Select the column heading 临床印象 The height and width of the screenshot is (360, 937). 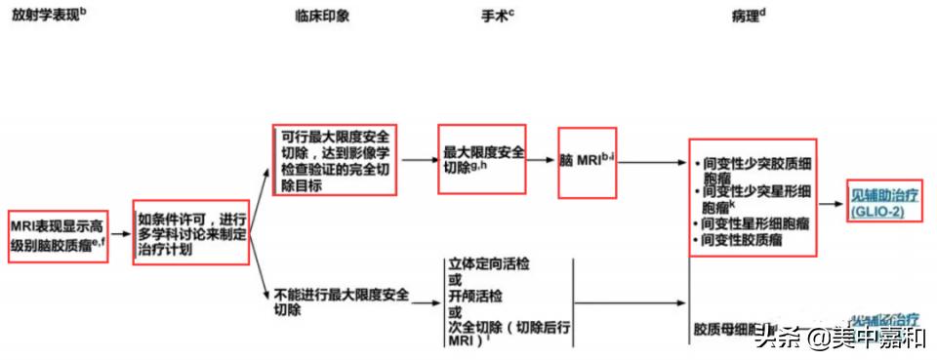point(318,18)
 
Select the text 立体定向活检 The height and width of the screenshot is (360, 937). point(484,264)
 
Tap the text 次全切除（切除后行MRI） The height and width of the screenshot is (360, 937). point(508,329)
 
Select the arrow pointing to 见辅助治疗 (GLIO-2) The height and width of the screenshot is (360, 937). point(829,204)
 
